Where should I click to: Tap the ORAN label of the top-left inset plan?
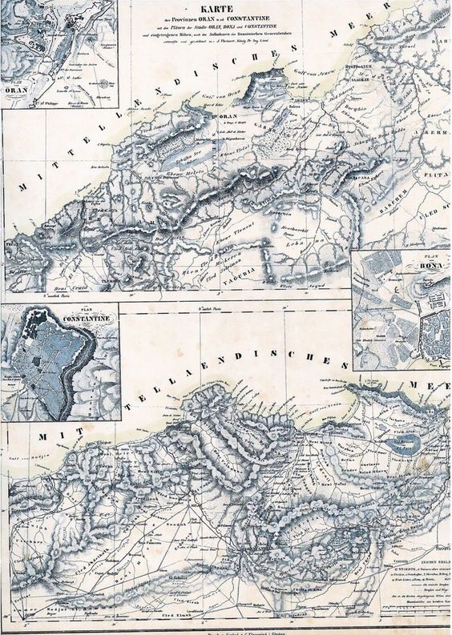click(x=16, y=90)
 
